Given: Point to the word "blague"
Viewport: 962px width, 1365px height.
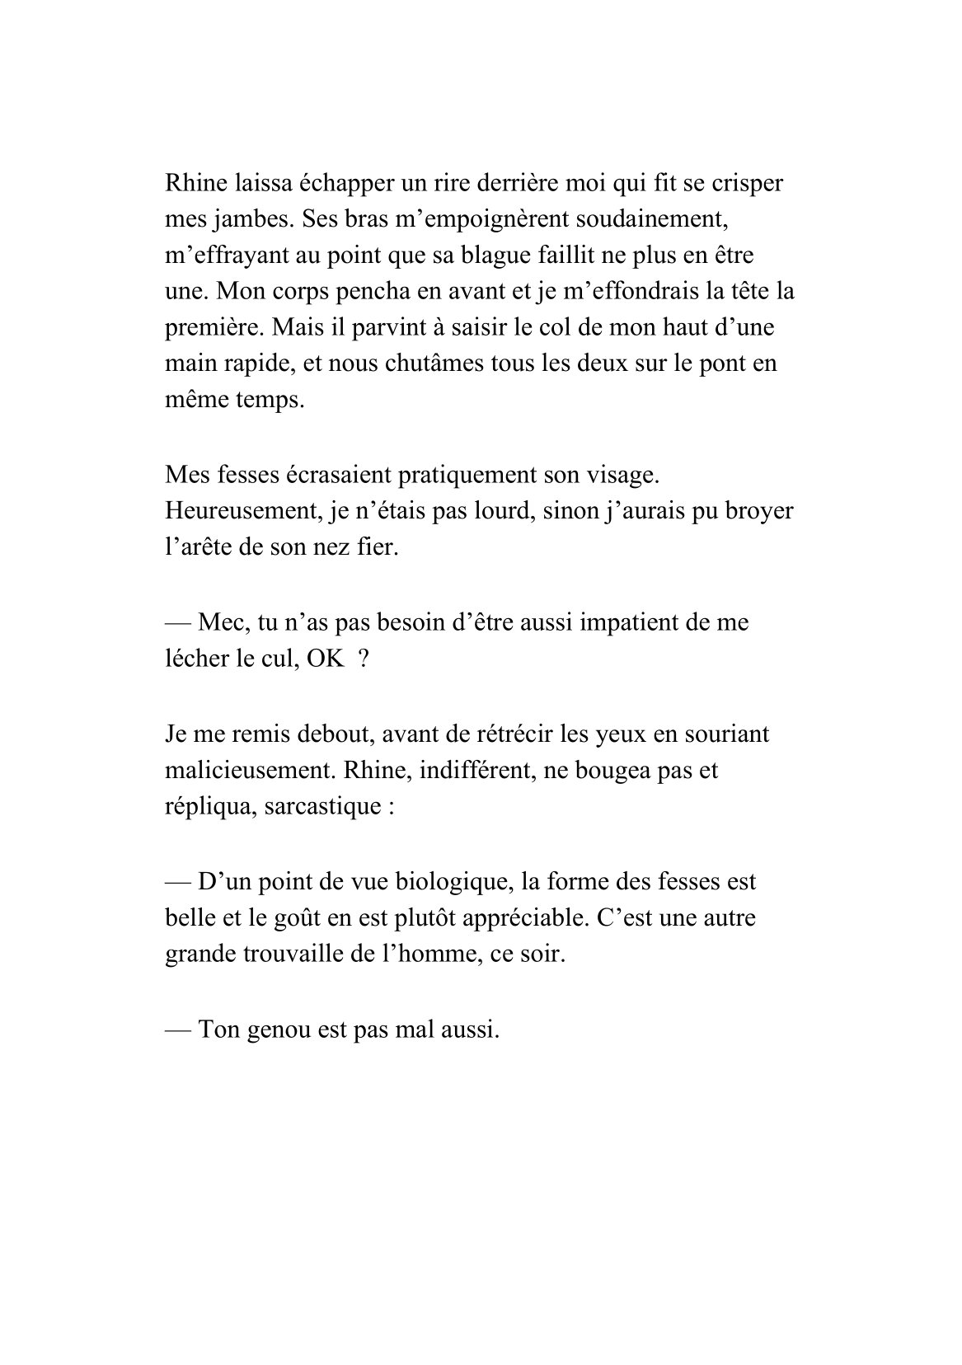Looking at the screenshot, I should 490,256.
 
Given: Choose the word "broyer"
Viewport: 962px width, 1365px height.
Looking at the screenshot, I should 758,511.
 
